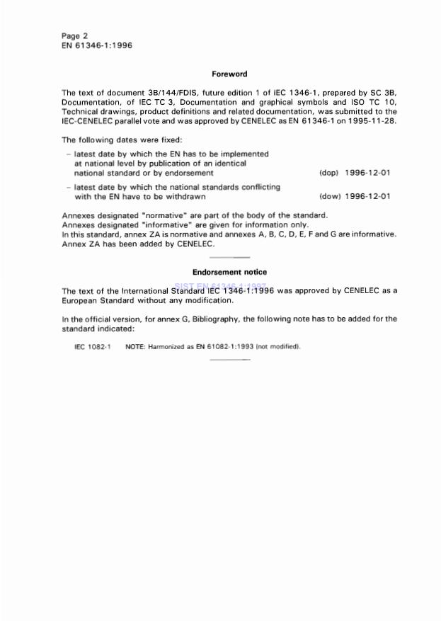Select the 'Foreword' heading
pos(229,74)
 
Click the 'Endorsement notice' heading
pos(229,272)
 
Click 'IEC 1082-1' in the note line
pos(93,346)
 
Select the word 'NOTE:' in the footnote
pos(135,346)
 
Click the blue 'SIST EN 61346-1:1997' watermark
pos(220,286)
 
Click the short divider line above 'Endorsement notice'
pos(231,256)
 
